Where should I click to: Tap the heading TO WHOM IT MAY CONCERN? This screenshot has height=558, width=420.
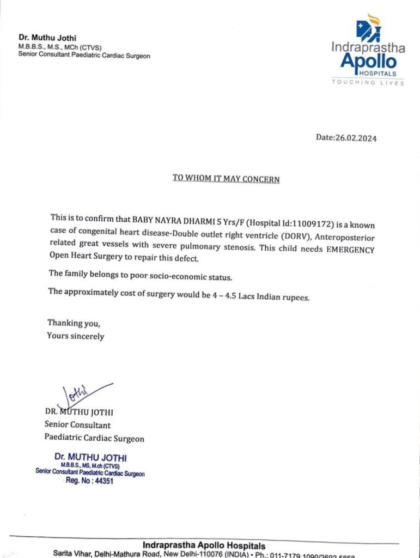point(226,178)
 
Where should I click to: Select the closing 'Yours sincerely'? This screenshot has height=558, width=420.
point(75,336)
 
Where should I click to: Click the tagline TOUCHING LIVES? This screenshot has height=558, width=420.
point(368,82)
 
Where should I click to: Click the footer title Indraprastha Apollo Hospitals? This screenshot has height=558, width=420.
point(204,545)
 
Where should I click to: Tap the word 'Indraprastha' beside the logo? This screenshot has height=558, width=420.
point(368,48)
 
